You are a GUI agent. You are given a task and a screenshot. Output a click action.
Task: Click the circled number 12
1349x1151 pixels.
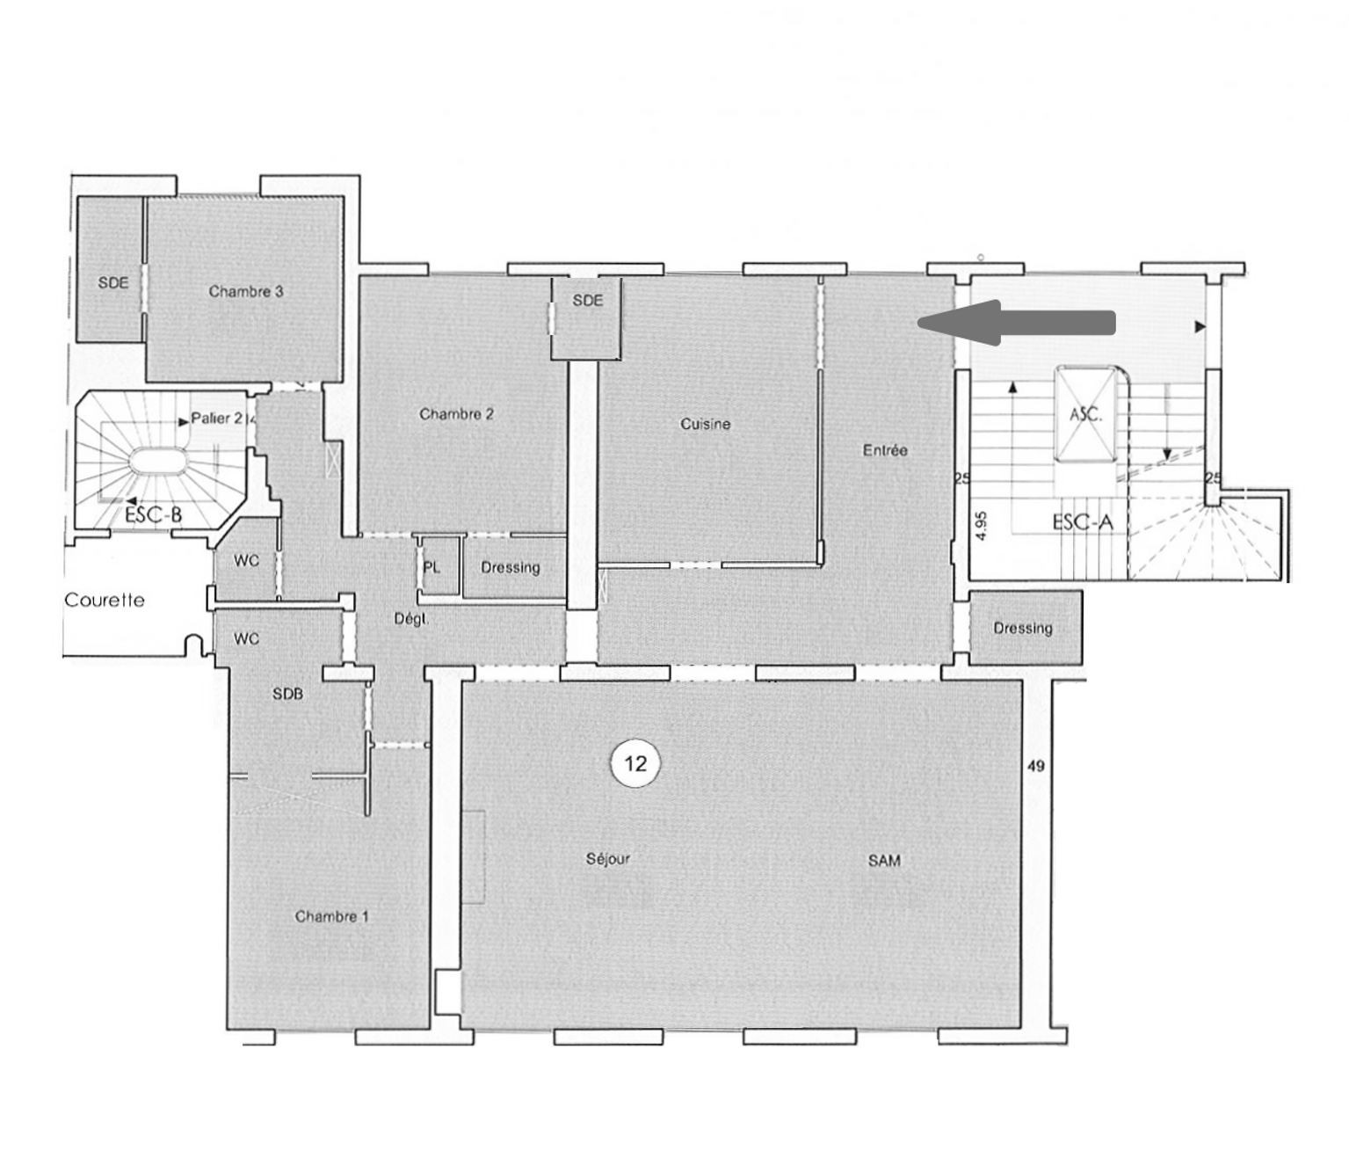click(635, 764)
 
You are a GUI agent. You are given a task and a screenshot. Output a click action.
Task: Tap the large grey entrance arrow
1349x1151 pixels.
click(1016, 323)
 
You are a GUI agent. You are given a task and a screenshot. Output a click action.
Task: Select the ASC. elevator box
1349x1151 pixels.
click(1085, 414)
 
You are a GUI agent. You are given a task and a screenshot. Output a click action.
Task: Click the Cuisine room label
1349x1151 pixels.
click(706, 425)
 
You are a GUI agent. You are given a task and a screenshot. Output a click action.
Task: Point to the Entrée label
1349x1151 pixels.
click(885, 450)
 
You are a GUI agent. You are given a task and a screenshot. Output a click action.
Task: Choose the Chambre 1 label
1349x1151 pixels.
click(331, 916)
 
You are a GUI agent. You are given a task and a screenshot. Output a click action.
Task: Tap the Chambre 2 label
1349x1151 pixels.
click(456, 414)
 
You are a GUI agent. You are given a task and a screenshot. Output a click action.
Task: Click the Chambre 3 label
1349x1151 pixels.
click(246, 291)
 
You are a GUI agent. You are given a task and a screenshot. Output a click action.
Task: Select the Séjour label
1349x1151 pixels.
click(608, 858)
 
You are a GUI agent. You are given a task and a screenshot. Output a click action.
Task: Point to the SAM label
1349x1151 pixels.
click(884, 861)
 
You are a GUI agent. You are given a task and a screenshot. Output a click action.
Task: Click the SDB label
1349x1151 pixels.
click(287, 694)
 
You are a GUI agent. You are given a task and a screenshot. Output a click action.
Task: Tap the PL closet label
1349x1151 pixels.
click(432, 567)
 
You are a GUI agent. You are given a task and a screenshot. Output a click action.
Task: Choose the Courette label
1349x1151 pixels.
click(105, 600)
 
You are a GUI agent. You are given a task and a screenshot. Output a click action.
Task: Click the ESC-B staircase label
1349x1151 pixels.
click(154, 514)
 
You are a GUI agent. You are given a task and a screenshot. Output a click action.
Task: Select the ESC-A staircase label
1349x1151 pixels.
click(1083, 522)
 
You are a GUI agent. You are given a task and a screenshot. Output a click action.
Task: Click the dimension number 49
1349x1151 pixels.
click(1036, 767)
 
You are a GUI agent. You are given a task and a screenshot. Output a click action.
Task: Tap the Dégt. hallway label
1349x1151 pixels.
click(411, 619)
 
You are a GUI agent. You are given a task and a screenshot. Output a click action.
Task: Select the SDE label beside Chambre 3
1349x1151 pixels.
click(113, 283)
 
